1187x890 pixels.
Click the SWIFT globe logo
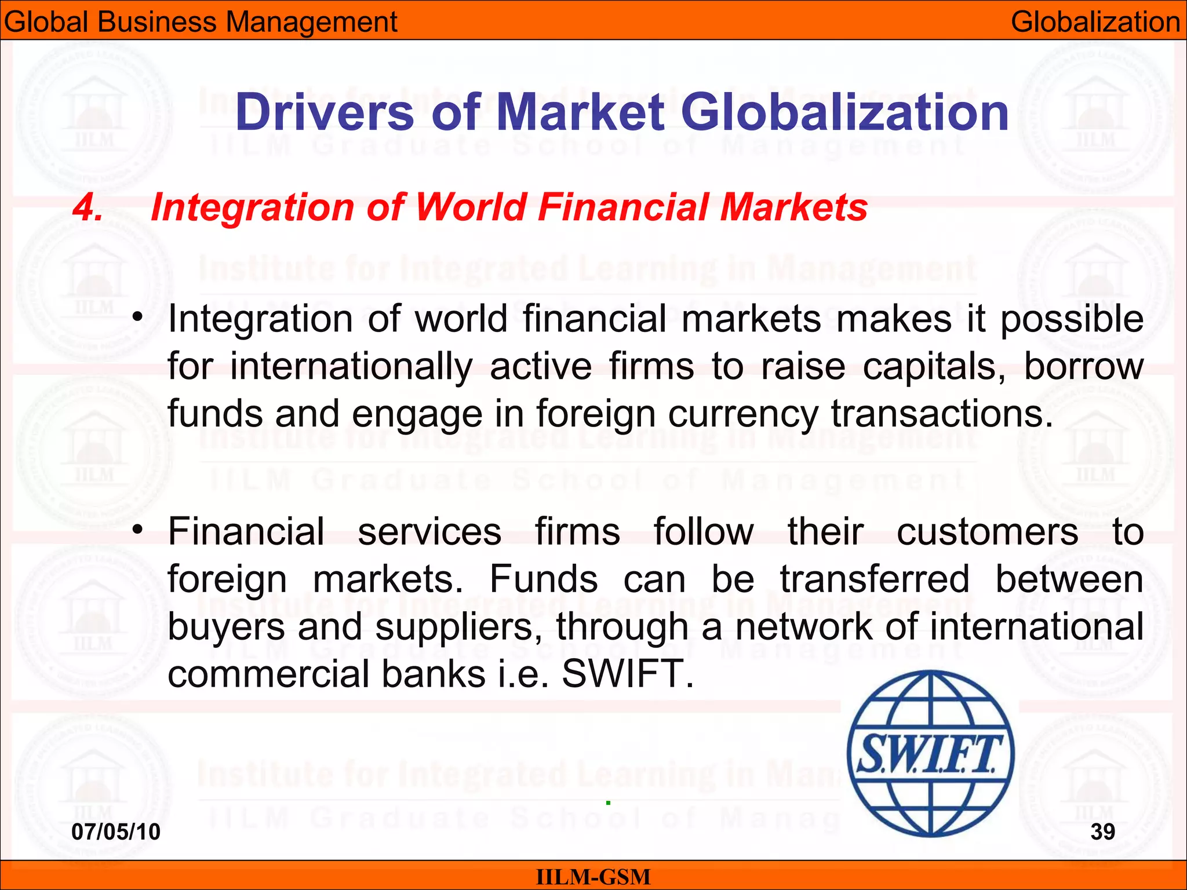pos(930,753)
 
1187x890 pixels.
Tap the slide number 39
pos(1102,831)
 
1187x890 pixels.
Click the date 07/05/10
pos(116,831)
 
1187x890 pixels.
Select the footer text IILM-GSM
pos(593,877)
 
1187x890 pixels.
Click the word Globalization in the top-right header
pos(1095,22)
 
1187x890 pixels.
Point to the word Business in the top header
pos(156,22)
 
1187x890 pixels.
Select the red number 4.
pos(88,207)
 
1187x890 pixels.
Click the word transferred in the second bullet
pos(875,579)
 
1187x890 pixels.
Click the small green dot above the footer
pos(608,803)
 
